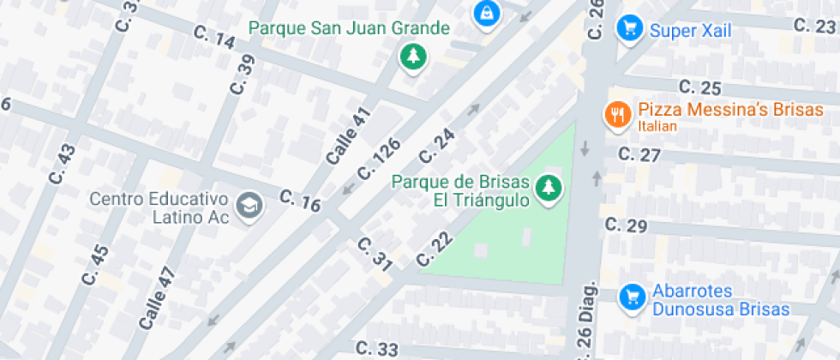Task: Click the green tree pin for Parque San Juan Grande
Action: tap(414, 57)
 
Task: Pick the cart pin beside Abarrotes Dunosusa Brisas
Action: tap(633, 297)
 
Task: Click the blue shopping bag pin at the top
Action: tap(486, 12)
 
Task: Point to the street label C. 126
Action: tap(379, 159)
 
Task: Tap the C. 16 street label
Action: tap(300, 202)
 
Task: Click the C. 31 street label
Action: tap(374, 255)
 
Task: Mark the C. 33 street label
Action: tap(377, 349)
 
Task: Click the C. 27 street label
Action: tap(639, 155)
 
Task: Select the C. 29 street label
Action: tap(625, 225)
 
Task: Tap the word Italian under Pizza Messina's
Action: tap(657, 127)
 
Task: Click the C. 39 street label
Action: tap(243, 73)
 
